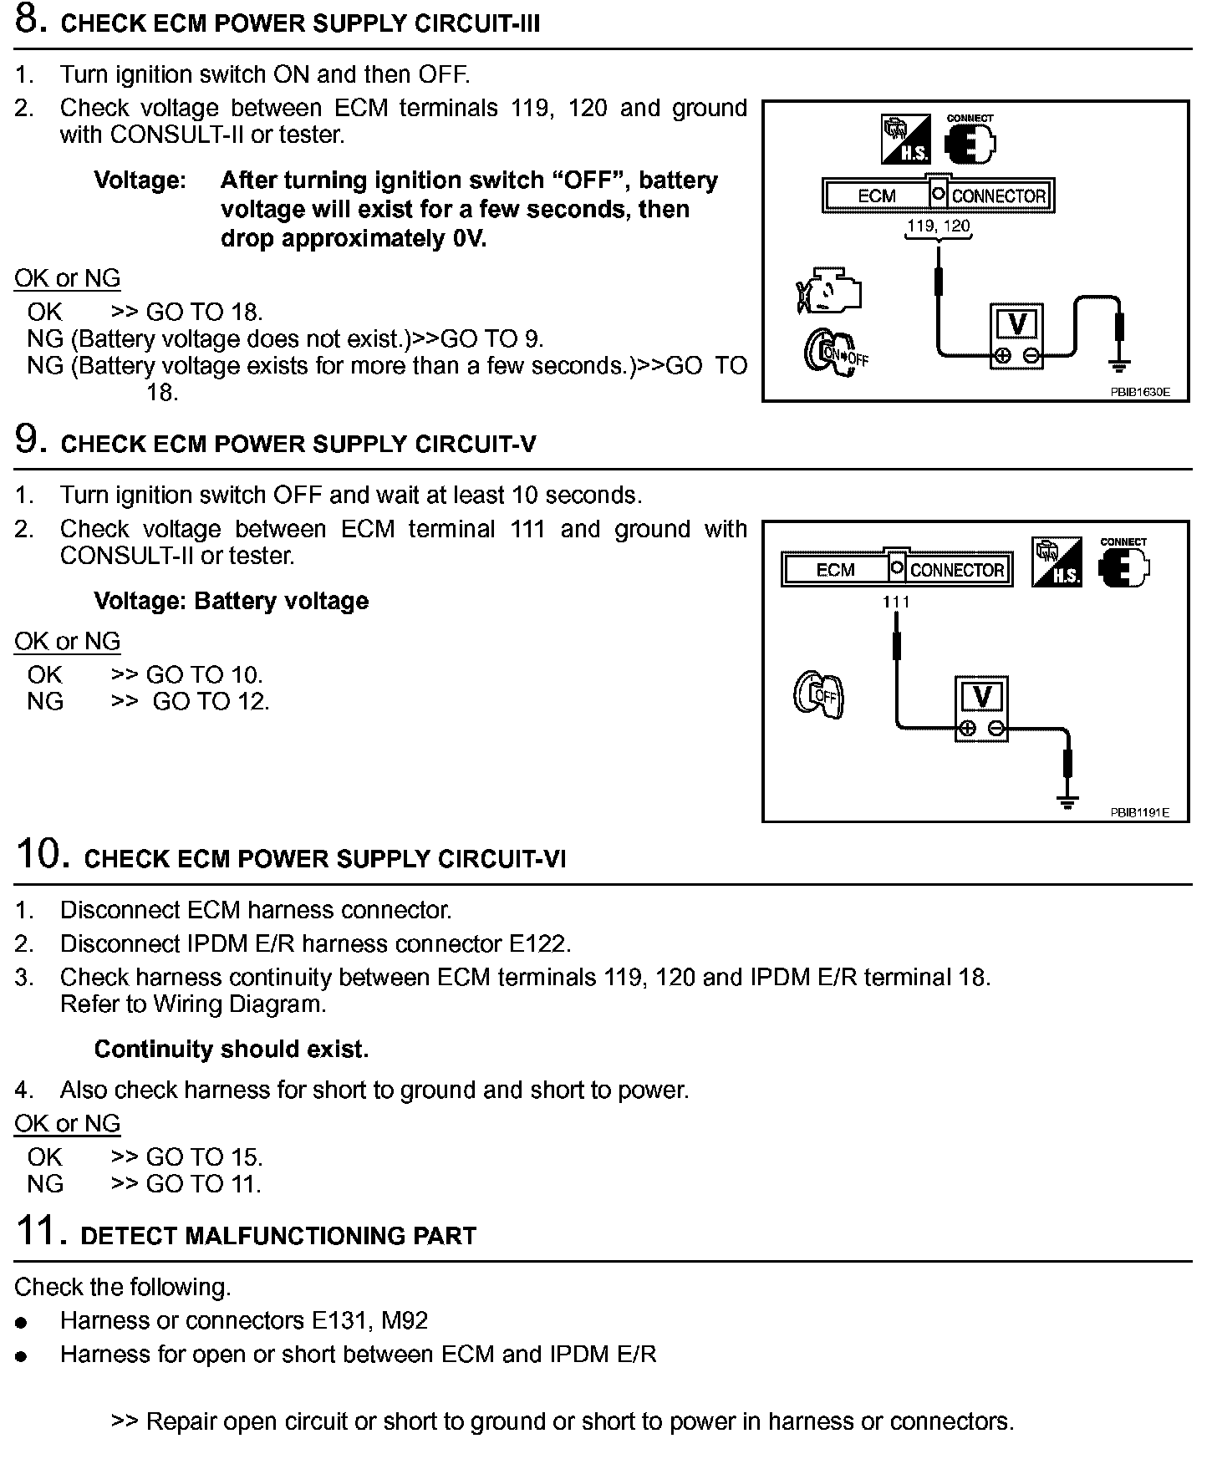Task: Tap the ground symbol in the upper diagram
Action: tap(1119, 365)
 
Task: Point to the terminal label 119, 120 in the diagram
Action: tap(939, 226)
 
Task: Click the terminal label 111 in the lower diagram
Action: tap(896, 602)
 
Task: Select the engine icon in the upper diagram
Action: tap(828, 292)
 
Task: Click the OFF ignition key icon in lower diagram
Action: tap(818, 694)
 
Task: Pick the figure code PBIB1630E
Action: tap(1139, 392)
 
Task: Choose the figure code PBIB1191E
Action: tap(1139, 812)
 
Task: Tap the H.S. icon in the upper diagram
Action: tap(907, 138)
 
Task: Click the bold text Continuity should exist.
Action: tap(232, 1049)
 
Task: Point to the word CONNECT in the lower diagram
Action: tap(1123, 542)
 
